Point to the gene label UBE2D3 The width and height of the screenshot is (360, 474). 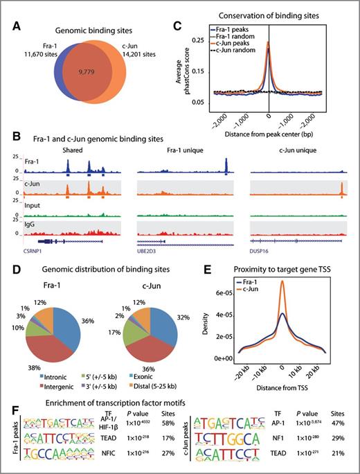(148, 253)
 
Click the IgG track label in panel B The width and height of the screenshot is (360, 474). (28, 222)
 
